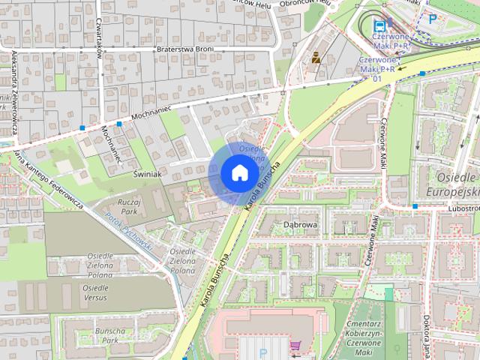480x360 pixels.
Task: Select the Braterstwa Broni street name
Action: pyautogui.click(x=184, y=50)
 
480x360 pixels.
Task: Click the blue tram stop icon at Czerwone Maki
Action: pyautogui.click(x=380, y=26)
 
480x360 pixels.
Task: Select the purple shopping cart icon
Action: pyautogui.click(x=295, y=346)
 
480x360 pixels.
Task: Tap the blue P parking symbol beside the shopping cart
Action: pyautogui.click(x=262, y=352)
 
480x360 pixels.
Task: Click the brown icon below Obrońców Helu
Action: pyautogui.click(x=316, y=56)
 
